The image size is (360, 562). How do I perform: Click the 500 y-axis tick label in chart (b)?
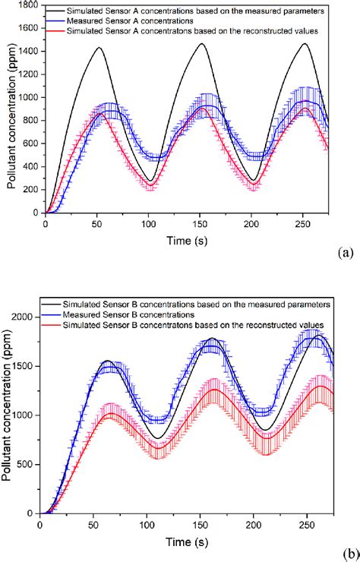pos(27,465)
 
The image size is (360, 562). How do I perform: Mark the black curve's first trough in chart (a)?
pos(152,182)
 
